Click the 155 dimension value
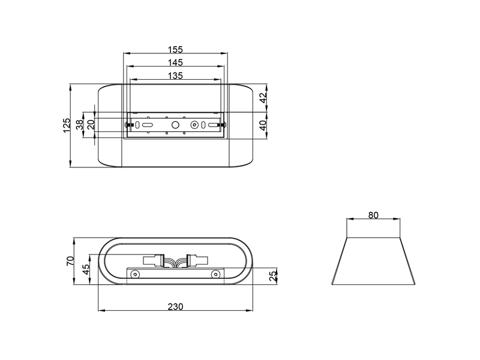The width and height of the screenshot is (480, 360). coord(175,49)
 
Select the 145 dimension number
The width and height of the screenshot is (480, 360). coord(175,62)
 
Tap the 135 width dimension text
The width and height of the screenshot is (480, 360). coord(175,76)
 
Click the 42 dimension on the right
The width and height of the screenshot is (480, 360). coord(262,98)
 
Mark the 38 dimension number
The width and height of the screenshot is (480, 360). coord(80,125)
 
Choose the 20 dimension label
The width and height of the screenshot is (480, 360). coord(91,125)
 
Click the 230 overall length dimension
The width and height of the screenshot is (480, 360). coord(175,306)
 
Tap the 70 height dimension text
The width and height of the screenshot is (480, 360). coord(70,261)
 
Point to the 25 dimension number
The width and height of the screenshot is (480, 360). coord(273,276)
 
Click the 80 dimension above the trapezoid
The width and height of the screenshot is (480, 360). coord(373,215)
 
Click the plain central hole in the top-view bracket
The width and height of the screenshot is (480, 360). coord(175,125)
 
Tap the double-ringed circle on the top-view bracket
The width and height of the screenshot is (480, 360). coord(194,125)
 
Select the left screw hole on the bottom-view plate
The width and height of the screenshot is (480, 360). coord(136,275)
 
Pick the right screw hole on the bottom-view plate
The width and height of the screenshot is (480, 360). coord(215,275)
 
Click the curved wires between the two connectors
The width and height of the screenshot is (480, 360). coord(175,262)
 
